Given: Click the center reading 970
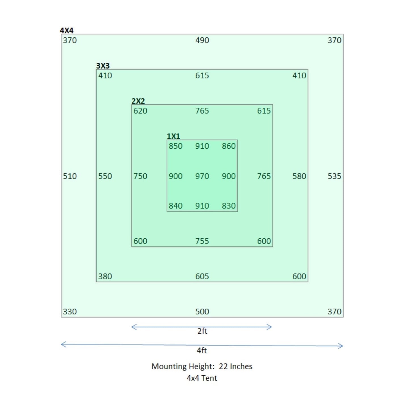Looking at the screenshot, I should [x=202, y=176].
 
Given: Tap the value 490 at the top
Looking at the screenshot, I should [x=202, y=40].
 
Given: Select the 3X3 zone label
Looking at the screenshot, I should [x=103, y=66].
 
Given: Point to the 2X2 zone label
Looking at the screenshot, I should [x=138, y=101].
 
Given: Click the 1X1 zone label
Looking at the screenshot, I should [x=173, y=136].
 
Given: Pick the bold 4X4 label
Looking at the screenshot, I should [x=67, y=30].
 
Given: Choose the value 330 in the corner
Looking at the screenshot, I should [x=70, y=312].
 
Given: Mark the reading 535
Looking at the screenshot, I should [x=334, y=176].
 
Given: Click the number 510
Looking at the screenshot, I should [x=70, y=176].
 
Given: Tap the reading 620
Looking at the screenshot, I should [x=140, y=111].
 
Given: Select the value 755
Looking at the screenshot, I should [x=202, y=241].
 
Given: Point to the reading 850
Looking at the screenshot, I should [x=176, y=146].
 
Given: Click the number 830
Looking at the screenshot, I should [x=229, y=206].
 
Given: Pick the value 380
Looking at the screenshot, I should [x=105, y=276].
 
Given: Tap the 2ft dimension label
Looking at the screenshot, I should [x=202, y=331].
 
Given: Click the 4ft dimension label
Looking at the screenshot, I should [x=202, y=350].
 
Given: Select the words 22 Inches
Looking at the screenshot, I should [x=236, y=366].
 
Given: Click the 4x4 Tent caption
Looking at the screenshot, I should [x=202, y=378].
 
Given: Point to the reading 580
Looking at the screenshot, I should [x=299, y=176].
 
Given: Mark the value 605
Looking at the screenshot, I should [x=202, y=276].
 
